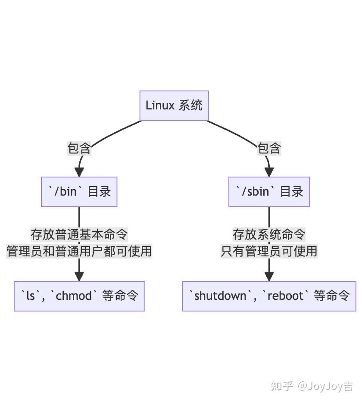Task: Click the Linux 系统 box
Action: [x=174, y=106]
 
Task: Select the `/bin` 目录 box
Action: [x=79, y=192]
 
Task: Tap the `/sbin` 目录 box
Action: [x=269, y=192]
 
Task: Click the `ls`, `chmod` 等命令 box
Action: [x=79, y=296]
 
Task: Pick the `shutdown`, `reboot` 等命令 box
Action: [x=269, y=296]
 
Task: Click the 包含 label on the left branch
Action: [x=79, y=148]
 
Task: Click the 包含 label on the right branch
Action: [x=269, y=148]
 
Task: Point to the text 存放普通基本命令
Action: [x=79, y=234]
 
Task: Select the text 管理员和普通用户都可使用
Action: [x=79, y=251]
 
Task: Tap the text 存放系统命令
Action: [x=269, y=234]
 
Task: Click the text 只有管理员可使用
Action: [x=269, y=251]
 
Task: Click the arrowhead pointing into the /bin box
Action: [x=80, y=171]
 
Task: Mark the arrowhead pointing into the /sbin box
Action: [x=269, y=171]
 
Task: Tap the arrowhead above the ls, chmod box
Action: [x=79, y=276]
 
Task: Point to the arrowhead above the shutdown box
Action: [x=269, y=276]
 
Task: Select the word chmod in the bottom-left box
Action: [x=74, y=296]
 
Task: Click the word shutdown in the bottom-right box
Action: [x=220, y=296]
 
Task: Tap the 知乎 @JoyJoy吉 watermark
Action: [x=312, y=386]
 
